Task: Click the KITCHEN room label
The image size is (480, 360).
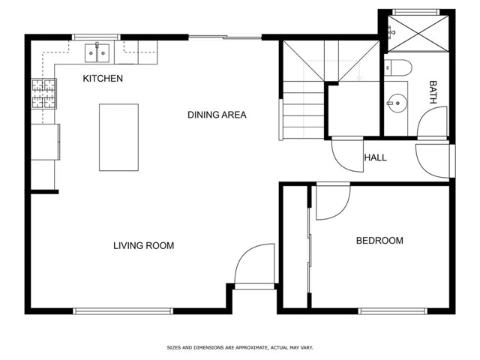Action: (103, 78)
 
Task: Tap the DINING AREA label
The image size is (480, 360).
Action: (217, 115)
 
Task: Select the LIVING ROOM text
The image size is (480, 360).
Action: (143, 245)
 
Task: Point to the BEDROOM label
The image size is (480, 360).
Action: (379, 240)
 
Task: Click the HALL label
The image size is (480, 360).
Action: (375, 157)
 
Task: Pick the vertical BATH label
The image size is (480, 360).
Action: (433, 92)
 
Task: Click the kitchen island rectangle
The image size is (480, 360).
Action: (118, 137)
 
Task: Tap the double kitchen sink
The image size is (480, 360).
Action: (97, 53)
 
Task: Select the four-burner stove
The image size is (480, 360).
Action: (44, 94)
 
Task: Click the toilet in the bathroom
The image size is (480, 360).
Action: (398, 67)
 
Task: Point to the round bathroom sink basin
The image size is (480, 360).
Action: (397, 103)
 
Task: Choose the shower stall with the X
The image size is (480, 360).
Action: (418, 33)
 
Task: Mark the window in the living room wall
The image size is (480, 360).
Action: (123, 311)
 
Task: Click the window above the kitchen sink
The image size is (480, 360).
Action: (96, 37)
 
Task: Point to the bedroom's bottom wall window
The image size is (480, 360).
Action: (393, 311)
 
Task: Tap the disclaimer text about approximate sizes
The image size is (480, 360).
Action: (240, 347)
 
